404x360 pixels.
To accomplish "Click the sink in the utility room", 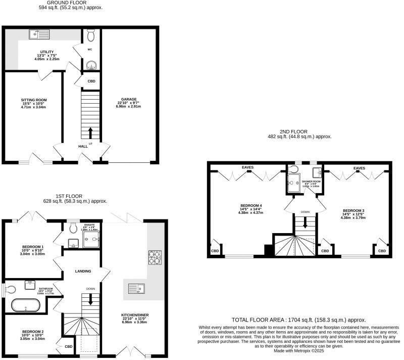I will [39, 35].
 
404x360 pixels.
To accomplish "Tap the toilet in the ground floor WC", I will [91, 35].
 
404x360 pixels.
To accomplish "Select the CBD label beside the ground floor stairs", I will [91, 81].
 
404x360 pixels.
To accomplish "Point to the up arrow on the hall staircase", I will [91, 132].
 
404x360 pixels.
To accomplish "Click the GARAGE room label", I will [129, 99].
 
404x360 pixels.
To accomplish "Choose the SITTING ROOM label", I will [34, 100].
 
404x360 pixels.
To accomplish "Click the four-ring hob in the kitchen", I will [155, 257].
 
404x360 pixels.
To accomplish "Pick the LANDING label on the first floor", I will [83, 271].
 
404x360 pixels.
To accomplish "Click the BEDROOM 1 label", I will [33, 247].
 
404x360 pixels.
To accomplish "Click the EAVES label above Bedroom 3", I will [359, 168].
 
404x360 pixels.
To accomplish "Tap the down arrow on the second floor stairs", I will [305, 223].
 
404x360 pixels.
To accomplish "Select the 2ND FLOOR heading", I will [299, 131].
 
